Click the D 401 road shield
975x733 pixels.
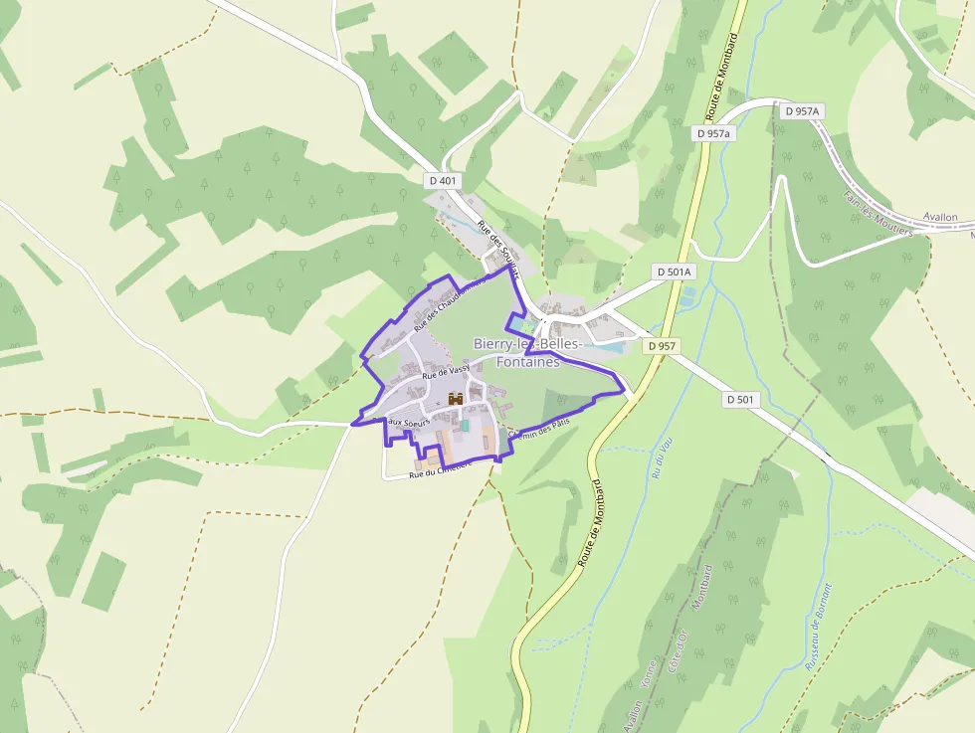[444, 181]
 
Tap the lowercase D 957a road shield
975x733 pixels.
[713, 133]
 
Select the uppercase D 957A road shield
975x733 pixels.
[802, 111]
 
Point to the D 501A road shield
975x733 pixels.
[674, 272]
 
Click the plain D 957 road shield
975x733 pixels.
[660, 346]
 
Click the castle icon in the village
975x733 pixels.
[457, 399]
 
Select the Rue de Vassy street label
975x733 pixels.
[445, 372]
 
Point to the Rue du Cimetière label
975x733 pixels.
[439, 470]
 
